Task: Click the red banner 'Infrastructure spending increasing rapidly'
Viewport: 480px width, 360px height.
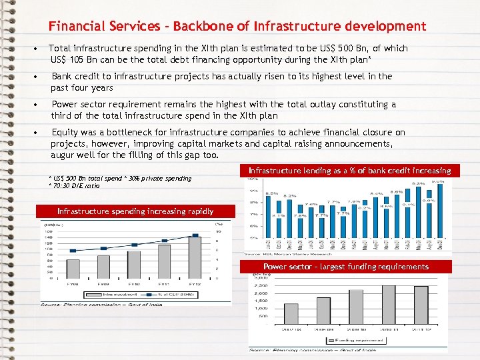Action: [135, 211]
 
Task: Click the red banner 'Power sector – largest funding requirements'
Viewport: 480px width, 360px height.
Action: [345, 267]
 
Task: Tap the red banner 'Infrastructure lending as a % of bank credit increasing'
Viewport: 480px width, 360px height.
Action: [349, 171]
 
